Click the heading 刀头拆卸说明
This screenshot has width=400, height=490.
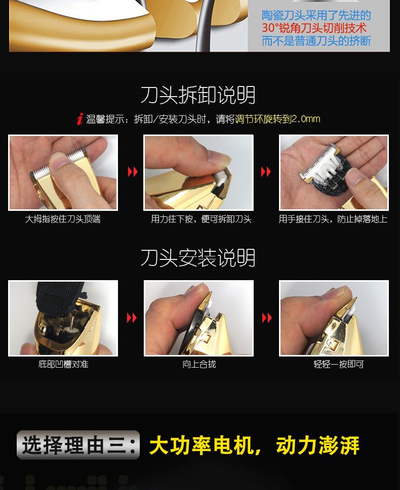(198, 95)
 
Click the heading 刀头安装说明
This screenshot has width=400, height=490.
(198, 258)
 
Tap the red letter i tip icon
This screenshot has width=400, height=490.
(80, 119)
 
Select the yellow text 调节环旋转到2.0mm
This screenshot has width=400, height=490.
(277, 119)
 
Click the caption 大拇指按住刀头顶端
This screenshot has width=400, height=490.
(63, 219)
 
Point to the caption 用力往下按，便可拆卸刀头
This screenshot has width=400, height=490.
(201, 219)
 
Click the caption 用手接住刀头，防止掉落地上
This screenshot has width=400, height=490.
(333, 219)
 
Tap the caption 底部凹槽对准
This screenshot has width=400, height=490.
(63, 364)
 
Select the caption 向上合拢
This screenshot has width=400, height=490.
(199, 364)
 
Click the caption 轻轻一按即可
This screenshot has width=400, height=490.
(339, 364)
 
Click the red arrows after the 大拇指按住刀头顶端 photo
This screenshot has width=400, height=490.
(133, 171)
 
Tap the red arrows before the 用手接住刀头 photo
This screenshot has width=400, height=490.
(266, 171)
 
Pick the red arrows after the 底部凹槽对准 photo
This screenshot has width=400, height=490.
(132, 318)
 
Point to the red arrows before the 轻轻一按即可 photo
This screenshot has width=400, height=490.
(267, 318)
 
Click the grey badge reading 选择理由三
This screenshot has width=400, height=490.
(78, 445)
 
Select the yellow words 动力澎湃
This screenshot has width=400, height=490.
(317, 446)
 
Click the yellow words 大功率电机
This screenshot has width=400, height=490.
(201, 446)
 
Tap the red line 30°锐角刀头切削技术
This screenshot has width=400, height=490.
(314, 28)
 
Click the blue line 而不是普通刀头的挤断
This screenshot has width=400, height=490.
(316, 41)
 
